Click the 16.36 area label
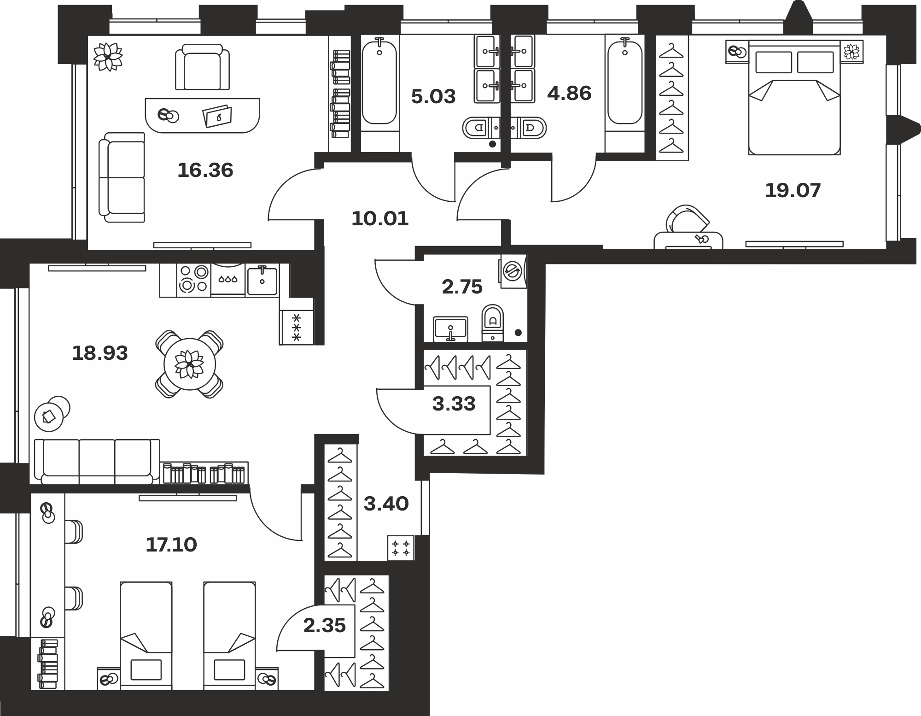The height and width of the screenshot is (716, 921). point(205,170)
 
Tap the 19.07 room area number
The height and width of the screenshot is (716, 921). point(793,191)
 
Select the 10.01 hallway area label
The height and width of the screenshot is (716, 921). point(380,218)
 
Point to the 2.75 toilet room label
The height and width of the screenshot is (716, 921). point(462,287)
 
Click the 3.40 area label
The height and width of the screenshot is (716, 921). point(386,504)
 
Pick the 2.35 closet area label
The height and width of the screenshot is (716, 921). point(325,626)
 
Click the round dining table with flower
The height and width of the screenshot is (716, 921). point(190,364)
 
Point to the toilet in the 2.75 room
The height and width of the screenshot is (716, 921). point(493,323)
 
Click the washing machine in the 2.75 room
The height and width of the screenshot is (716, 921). point(513,271)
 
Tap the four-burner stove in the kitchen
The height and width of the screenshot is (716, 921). point(194,279)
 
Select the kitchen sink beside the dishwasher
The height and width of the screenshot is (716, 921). point(262,281)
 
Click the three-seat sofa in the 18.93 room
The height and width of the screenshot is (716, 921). point(97,462)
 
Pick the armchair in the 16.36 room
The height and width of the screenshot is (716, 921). point(202,67)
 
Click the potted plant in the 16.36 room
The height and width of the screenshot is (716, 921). point(108,57)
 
